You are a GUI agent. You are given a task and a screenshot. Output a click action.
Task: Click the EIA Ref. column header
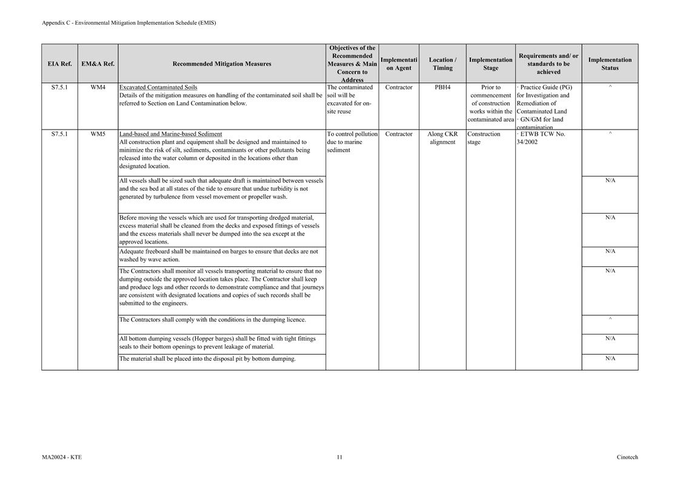point(59,64)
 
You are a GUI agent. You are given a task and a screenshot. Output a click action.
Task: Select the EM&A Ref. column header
point(98,64)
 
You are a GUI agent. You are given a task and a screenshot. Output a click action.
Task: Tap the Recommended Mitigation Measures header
point(222,64)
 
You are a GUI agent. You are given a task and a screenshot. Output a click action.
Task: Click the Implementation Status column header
point(610,64)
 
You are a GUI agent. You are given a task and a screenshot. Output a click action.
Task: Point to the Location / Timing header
point(442,64)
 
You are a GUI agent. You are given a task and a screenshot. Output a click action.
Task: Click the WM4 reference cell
point(98,87)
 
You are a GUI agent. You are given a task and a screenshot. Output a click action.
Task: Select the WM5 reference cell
point(98,134)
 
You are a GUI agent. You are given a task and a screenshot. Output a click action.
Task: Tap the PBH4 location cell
point(442,87)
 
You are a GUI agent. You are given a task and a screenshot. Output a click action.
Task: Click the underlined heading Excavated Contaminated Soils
point(158,87)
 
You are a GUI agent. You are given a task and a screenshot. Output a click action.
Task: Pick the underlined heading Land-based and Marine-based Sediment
point(170,134)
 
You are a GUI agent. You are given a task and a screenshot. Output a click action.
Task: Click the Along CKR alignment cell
point(442,138)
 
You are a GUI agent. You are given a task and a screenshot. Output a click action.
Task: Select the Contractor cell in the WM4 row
point(399,87)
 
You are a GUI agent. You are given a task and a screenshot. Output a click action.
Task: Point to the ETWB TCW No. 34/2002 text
point(542,138)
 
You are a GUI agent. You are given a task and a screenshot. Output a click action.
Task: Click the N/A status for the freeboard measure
point(610,251)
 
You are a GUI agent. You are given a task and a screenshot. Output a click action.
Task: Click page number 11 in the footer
point(339,457)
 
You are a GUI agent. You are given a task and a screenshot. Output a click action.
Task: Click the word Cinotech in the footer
point(627,457)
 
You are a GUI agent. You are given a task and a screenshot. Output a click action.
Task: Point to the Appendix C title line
point(129,23)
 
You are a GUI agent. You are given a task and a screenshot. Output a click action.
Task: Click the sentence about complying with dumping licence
point(213,320)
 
